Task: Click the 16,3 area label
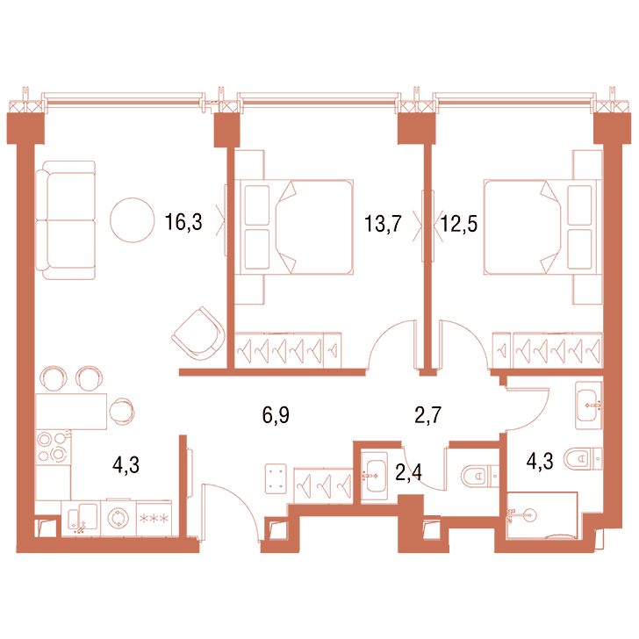pyautogui.click(x=183, y=222)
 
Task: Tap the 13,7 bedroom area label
pyautogui.click(x=383, y=224)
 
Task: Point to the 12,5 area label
pyautogui.click(x=459, y=224)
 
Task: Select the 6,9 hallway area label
pyautogui.click(x=276, y=415)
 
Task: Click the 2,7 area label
pyautogui.click(x=428, y=415)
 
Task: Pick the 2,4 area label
pyautogui.click(x=409, y=472)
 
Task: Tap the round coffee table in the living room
pyautogui.click(x=132, y=220)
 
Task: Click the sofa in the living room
pyautogui.click(x=66, y=220)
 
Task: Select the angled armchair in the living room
pyautogui.click(x=198, y=334)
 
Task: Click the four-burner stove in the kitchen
pyautogui.click(x=53, y=447)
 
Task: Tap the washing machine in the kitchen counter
pyautogui.click(x=118, y=518)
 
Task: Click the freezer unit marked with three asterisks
pyautogui.click(x=154, y=518)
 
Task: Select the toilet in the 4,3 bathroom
pyautogui.click(x=583, y=458)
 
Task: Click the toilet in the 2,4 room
pyautogui.click(x=479, y=476)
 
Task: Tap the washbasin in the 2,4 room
pyautogui.click(x=374, y=476)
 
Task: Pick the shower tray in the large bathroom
pyautogui.click(x=542, y=515)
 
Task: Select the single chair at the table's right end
pyautogui.click(x=122, y=411)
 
